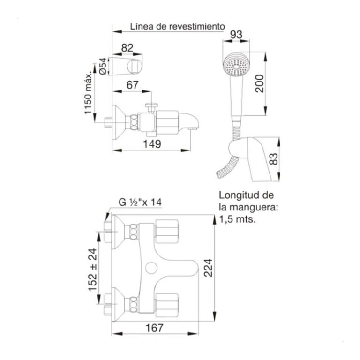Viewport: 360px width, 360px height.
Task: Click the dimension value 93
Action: point(236,35)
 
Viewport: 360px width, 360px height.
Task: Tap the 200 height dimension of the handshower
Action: point(260,83)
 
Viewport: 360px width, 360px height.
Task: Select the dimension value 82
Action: point(127,48)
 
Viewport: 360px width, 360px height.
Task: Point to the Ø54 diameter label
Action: point(103,66)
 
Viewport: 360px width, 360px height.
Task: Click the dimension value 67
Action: point(133,85)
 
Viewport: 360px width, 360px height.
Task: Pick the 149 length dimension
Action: point(152,144)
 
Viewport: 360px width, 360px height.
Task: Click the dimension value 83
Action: point(273,159)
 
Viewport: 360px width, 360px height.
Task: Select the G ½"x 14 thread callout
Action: point(140,202)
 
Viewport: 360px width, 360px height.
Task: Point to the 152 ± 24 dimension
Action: point(93,270)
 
